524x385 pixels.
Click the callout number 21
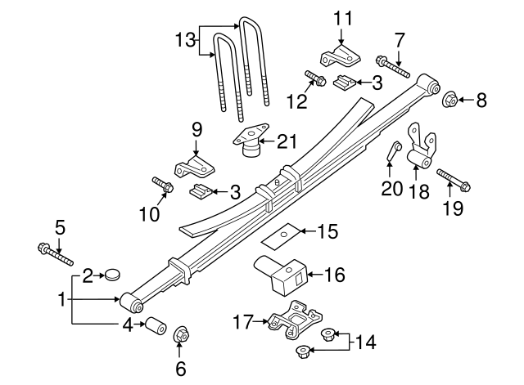287,141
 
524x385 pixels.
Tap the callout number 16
335,275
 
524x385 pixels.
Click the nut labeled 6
182,334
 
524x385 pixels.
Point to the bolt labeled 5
56,255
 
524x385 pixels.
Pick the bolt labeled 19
454,180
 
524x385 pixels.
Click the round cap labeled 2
113,275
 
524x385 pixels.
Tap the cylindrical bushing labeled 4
156,325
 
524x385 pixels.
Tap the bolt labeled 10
163,185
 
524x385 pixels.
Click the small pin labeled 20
394,150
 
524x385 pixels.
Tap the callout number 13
186,41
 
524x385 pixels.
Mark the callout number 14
366,342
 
